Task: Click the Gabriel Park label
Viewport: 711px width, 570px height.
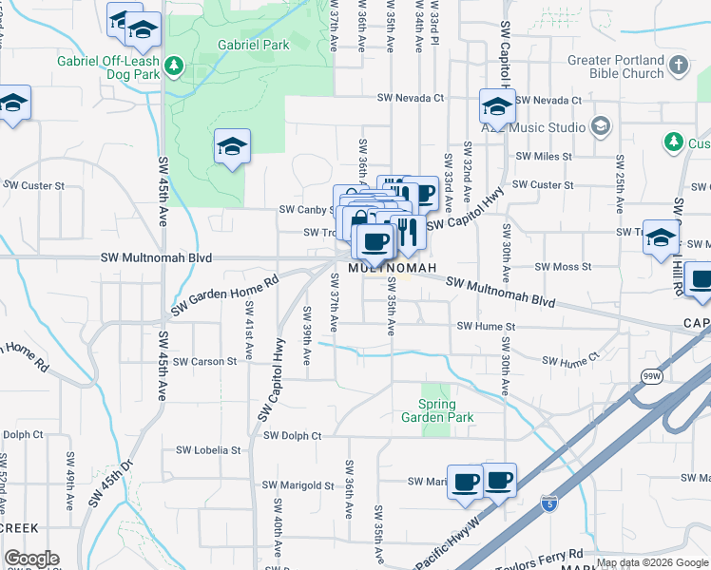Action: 253,45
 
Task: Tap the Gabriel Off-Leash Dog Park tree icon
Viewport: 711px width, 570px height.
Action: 173,66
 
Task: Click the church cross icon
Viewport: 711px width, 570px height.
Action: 678,65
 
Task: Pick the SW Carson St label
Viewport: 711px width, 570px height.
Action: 203,362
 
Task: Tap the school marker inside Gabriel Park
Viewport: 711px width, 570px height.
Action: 232,146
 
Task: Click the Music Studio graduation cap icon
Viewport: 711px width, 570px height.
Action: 600,126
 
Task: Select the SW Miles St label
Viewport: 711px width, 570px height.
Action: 543,156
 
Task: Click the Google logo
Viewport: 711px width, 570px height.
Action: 31,559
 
